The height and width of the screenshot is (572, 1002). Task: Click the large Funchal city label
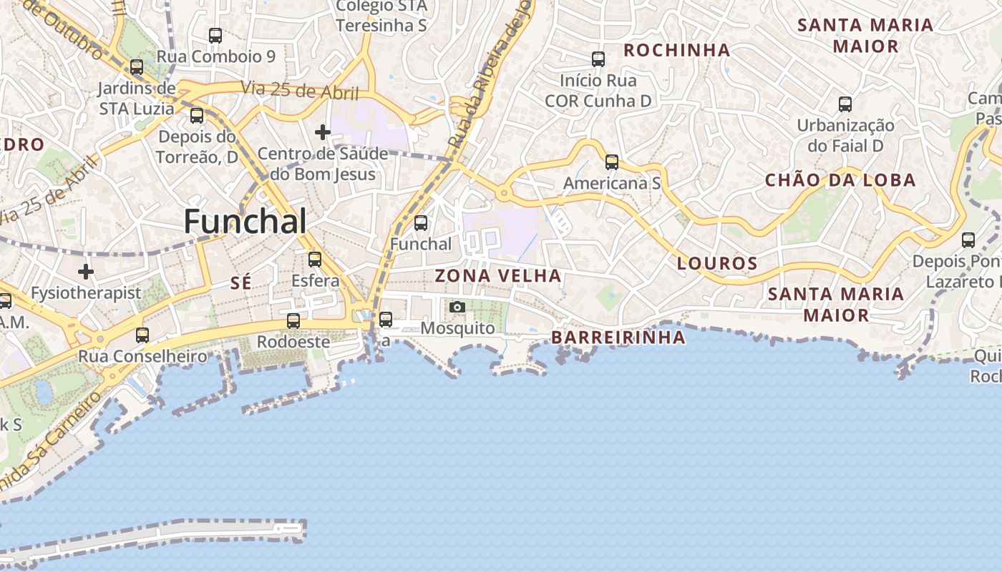[245, 222]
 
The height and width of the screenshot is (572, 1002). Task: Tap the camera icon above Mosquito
[457, 307]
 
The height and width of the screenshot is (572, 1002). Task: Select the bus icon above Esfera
[315, 260]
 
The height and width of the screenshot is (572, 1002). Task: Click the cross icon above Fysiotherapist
[86, 272]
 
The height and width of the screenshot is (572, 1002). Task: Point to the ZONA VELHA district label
[498, 276]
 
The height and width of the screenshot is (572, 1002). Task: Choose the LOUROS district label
[717, 264]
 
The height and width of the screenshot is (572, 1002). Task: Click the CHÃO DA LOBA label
[840, 180]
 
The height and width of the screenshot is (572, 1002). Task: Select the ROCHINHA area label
[677, 50]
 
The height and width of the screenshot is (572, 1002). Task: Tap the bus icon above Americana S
[611, 162]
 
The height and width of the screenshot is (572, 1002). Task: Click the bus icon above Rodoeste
[293, 321]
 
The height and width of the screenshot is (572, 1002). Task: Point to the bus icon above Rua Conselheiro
[142, 335]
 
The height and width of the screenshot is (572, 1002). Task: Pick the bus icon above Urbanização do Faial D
[845, 104]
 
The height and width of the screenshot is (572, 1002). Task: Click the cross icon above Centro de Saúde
[323, 132]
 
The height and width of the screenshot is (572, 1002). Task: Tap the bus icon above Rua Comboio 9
[215, 35]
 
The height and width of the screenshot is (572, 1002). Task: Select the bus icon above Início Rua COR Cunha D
[598, 59]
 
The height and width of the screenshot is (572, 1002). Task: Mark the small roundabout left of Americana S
[504, 193]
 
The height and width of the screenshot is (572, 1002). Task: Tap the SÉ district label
[241, 283]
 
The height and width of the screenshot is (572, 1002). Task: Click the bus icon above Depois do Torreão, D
[197, 115]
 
